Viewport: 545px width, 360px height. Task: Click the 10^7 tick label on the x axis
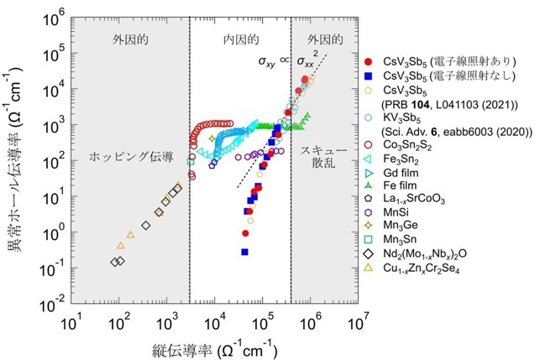click(357, 324)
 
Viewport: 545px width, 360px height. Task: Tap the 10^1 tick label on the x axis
click(71, 324)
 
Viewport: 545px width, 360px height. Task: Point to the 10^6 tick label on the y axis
click(54, 18)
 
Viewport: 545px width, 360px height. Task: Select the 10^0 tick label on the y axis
click(54, 232)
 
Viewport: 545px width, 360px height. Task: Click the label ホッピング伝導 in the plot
click(131, 157)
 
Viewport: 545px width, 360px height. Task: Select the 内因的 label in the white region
click(241, 39)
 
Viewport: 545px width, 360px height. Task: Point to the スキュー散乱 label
click(323, 157)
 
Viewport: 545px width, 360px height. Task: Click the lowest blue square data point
click(244, 252)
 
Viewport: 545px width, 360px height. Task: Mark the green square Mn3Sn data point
click(190, 162)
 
